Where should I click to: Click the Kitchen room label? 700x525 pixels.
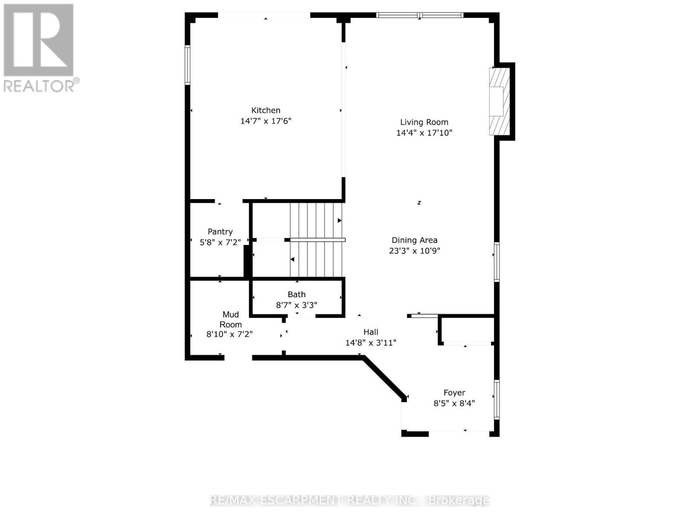(266, 110)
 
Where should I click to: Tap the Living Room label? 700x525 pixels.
(424, 122)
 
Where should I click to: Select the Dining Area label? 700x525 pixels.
(414, 240)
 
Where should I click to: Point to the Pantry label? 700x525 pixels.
(220, 231)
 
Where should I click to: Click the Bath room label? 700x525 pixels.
(297, 294)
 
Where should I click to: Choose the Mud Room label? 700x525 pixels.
(231, 319)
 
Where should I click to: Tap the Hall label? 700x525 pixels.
(371, 332)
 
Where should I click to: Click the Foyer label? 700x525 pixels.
(454, 392)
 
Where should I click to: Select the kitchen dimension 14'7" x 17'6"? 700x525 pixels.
(266, 121)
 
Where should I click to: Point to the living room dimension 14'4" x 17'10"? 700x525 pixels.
(424, 133)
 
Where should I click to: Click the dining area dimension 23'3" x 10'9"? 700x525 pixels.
(414, 251)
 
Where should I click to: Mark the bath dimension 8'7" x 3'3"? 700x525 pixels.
(297, 305)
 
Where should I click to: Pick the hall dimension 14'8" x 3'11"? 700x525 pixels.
(371, 343)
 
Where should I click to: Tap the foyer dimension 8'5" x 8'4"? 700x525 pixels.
(454, 403)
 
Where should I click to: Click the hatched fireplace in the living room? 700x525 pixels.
(499, 101)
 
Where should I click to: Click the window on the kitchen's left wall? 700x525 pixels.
(187, 65)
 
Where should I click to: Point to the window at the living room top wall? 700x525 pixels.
(420, 15)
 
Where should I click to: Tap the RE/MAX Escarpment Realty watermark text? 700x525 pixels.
(350, 500)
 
